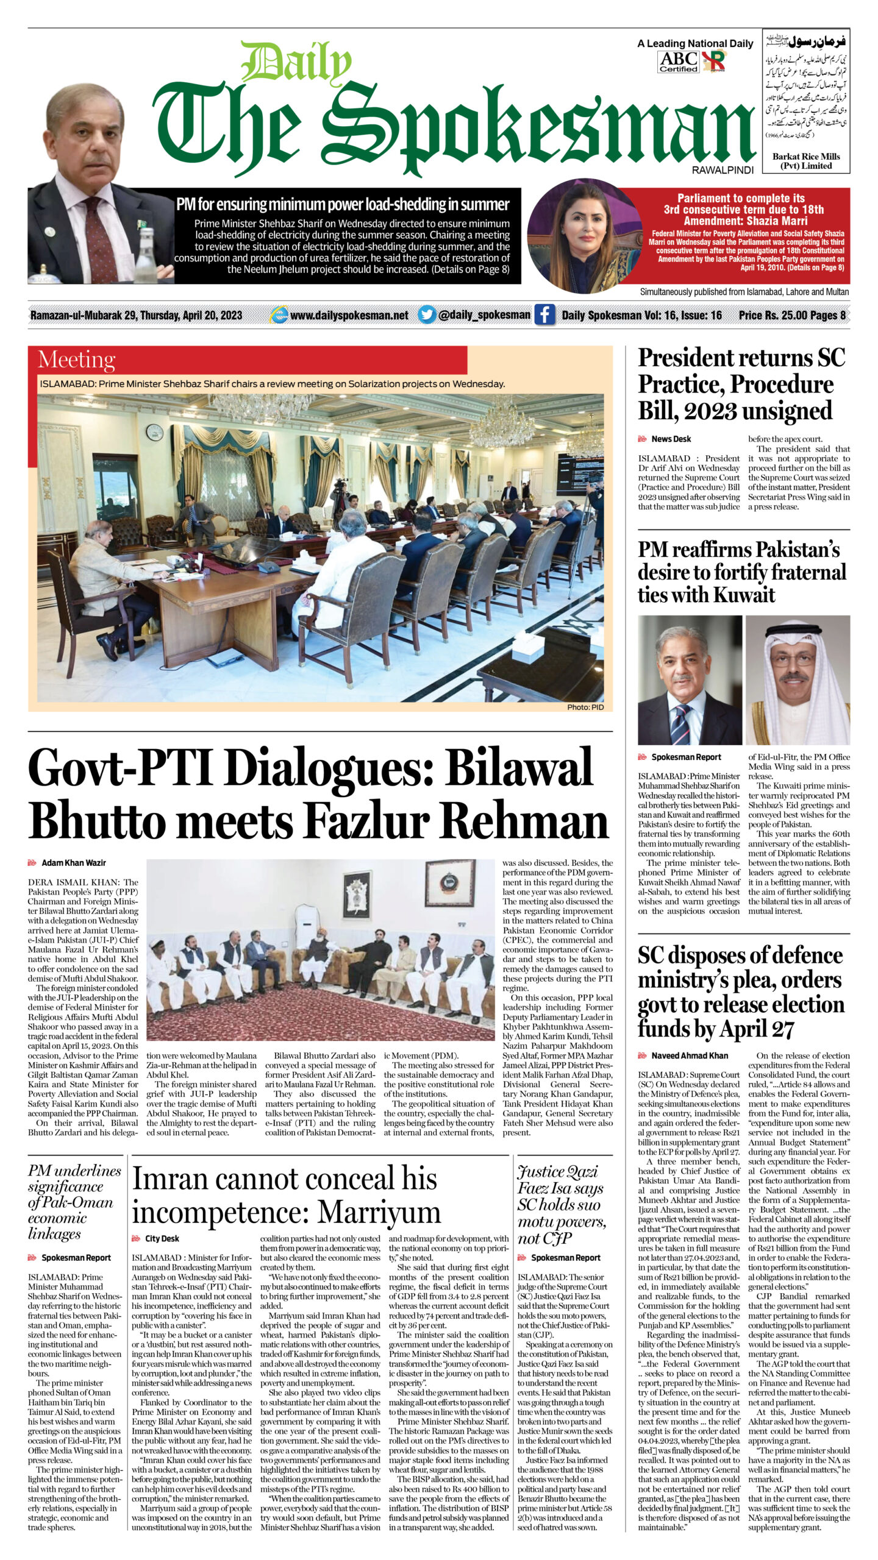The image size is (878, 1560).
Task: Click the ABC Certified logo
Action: pos(679,62)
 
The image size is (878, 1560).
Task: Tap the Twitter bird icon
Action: pos(427,314)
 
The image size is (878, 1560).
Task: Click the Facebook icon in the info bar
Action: pos(544,315)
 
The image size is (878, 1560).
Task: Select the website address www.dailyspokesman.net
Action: pos(349,315)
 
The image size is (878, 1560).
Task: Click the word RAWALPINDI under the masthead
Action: pos(723,170)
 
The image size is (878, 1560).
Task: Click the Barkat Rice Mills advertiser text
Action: pos(805,161)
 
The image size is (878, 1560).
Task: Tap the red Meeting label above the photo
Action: pos(76,360)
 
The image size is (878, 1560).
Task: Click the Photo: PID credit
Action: pos(585,707)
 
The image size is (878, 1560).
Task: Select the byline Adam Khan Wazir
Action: pos(73,862)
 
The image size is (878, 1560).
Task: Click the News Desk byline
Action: pos(671,439)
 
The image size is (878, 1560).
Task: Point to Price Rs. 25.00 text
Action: pos(772,315)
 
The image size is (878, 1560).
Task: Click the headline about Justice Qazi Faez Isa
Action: pos(560,1204)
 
